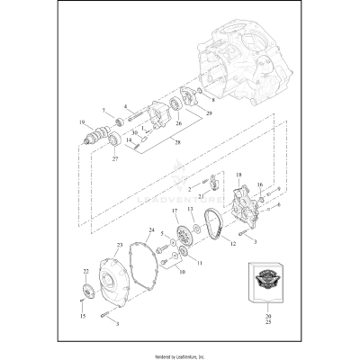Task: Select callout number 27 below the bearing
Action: tap(115, 159)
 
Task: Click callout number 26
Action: tap(177, 123)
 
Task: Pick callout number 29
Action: tap(211, 113)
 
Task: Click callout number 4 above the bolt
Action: tap(125, 106)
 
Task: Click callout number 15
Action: tap(81, 316)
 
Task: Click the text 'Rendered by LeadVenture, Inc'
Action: tap(179, 355)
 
